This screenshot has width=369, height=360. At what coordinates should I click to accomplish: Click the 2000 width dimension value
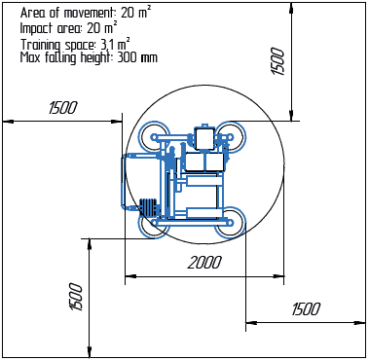click(204, 263)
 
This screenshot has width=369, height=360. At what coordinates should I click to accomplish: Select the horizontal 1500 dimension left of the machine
click(62, 108)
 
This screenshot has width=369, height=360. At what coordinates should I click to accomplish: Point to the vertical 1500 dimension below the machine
click(76, 296)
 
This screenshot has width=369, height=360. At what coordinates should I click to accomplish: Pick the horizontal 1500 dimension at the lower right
click(306, 308)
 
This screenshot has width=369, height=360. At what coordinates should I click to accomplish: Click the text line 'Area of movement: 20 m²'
click(85, 14)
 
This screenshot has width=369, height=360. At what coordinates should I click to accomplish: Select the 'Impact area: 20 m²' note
click(68, 29)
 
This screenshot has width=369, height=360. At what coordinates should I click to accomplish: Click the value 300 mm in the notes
click(136, 57)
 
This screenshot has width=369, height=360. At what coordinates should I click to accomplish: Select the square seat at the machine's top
click(205, 138)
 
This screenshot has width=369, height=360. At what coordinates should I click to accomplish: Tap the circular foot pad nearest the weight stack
click(155, 225)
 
